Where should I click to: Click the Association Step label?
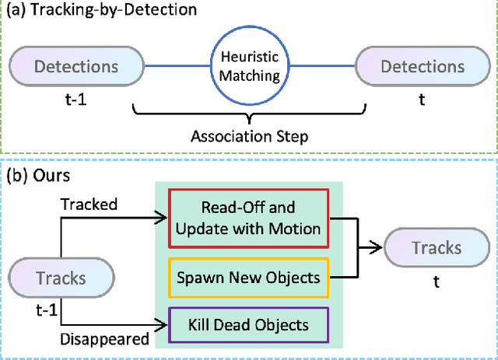(x=250, y=136)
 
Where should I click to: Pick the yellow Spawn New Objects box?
(x=250, y=276)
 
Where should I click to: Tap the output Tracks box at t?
(x=437, y=248)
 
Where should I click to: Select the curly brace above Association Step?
(x=250, y=115)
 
